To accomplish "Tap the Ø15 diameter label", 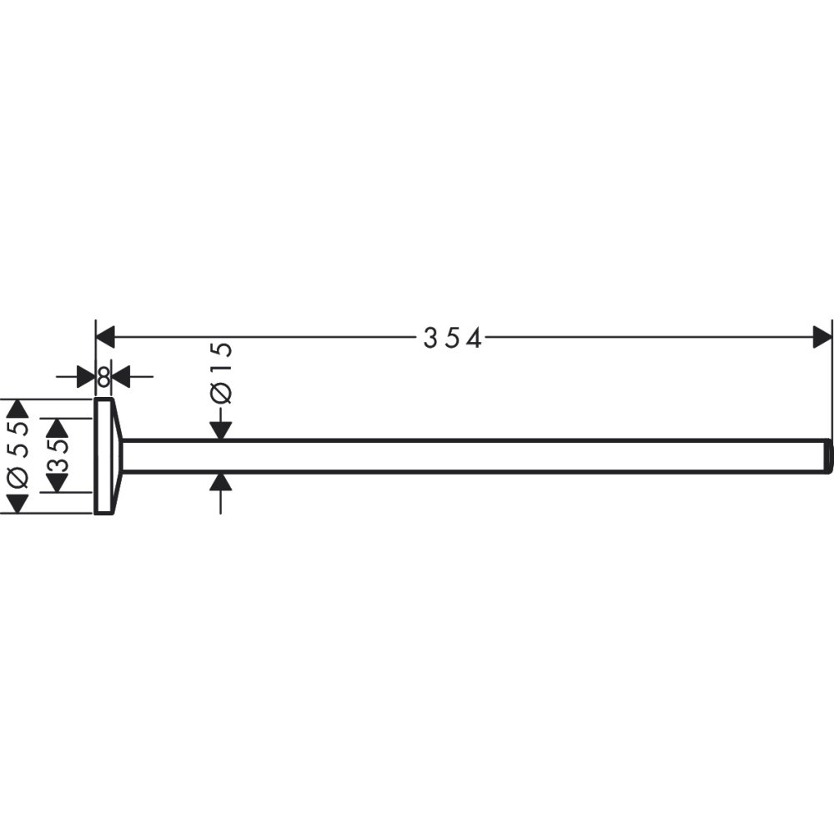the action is click(220, 374).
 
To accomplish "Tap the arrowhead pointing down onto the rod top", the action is click(220, 429).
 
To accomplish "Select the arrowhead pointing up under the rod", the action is click(220, 483).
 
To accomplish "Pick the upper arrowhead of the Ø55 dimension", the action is click(18, 409).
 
